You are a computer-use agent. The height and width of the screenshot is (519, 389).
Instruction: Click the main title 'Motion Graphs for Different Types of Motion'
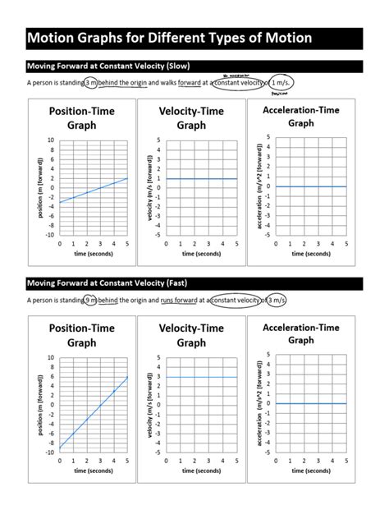(170, 38)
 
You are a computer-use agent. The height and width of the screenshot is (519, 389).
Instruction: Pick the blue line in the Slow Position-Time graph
(93, 191)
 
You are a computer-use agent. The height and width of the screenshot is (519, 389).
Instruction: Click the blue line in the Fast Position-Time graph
(93, 414)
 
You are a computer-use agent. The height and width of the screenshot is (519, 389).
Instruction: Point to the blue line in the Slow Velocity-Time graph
(202, 178)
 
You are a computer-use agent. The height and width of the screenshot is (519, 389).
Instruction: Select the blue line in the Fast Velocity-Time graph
(202, 377)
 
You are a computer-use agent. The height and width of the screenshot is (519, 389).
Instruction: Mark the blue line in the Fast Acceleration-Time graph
(311, 403)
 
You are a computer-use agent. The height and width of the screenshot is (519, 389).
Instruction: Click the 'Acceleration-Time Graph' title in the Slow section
(300, 116)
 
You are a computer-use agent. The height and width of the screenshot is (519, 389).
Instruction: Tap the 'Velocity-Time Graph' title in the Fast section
(191, 335)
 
